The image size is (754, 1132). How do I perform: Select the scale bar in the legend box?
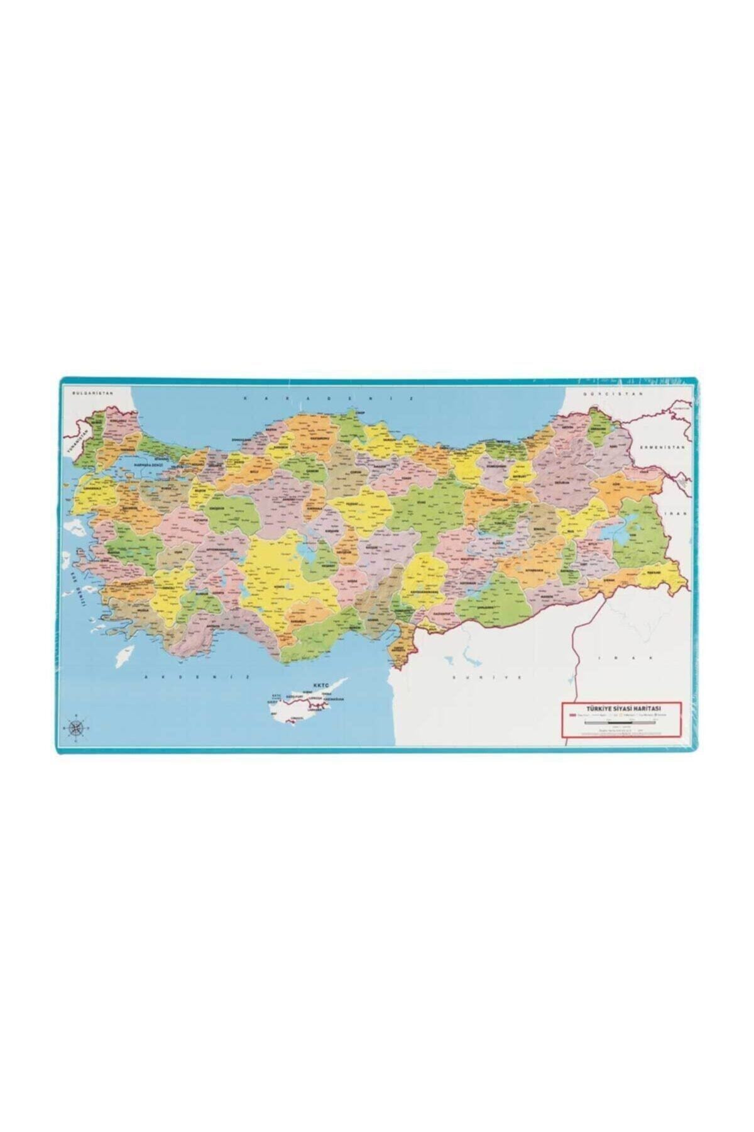(x=620, y=723)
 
